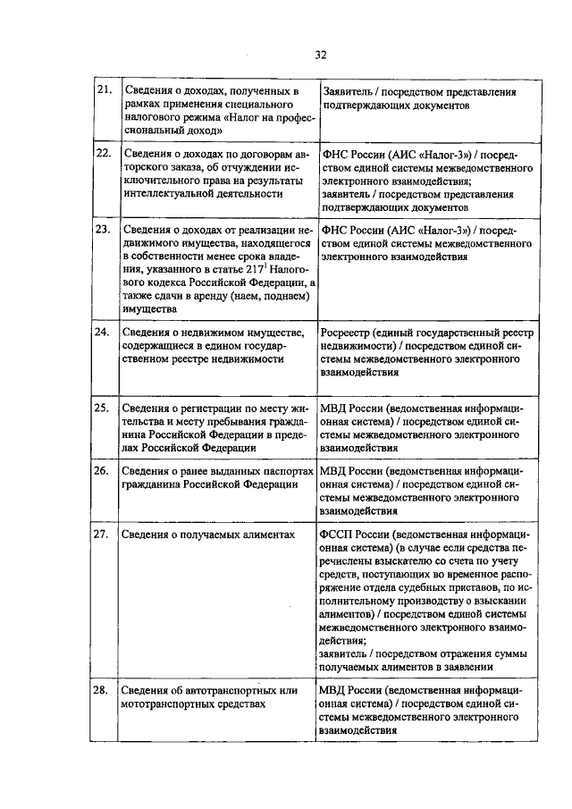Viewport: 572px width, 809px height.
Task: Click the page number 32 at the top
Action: (320, 55)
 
